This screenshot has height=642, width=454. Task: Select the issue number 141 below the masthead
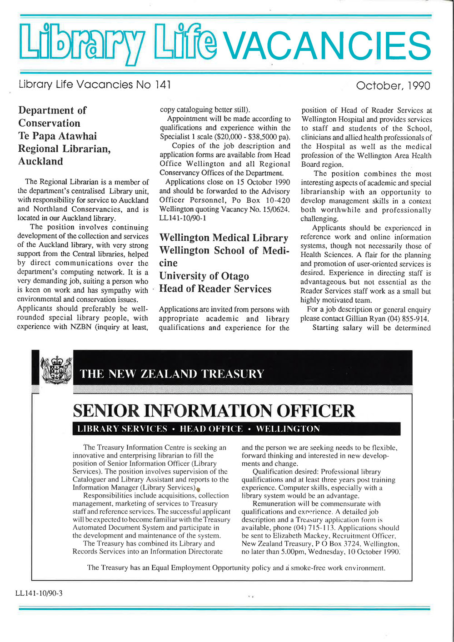[x=162, y=85]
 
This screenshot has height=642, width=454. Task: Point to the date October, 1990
[x=393, y=86]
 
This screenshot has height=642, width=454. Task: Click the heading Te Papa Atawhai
[x=57, y=136]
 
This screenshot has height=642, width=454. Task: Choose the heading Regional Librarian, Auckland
[x=64, y=155]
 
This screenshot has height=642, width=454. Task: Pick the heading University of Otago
[x=204, y=276]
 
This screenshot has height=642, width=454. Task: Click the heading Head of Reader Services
[x=215, y=289]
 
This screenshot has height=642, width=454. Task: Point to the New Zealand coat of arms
[x=56, y=370]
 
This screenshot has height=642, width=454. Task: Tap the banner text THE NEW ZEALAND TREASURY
[x=172, y=374]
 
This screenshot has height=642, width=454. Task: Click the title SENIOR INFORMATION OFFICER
[x=214, y=411]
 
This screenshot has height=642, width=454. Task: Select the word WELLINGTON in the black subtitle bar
[x=288, y=429]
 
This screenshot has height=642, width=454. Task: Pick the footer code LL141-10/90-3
[x=39, y=593]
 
